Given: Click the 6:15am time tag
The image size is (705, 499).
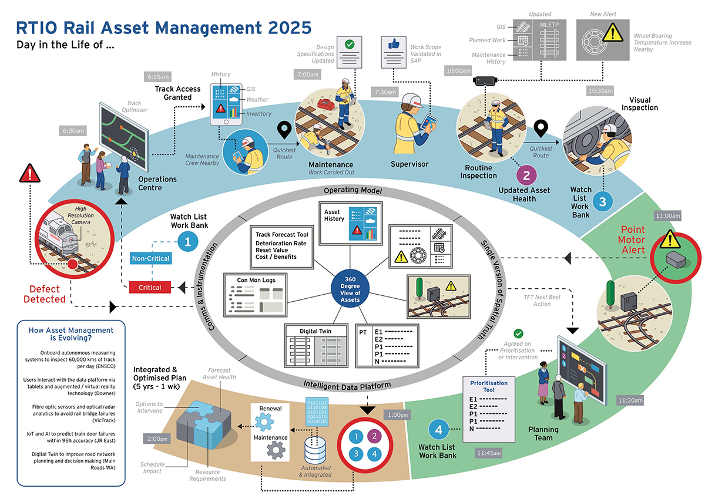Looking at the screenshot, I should click(x=157, y=76).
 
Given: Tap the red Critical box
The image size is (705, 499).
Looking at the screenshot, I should click(x=149, y=287).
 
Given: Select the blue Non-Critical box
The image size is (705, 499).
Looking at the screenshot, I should click(x=150, y=258).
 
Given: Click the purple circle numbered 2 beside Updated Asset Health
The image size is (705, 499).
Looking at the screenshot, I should click(x=526, y=174).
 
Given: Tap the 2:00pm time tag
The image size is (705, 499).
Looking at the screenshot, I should click(x=157, y=439).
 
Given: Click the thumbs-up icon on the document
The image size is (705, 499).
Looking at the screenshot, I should click(x=392, y=45).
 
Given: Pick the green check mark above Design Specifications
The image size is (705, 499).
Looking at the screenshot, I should click(x=349, y=44).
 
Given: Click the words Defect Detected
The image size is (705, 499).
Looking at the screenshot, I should click(x=48, y=294).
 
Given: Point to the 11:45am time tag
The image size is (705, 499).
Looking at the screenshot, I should click(x=488, y=453).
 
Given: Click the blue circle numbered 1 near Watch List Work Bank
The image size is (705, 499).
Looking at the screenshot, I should click(x=187, y=241).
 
